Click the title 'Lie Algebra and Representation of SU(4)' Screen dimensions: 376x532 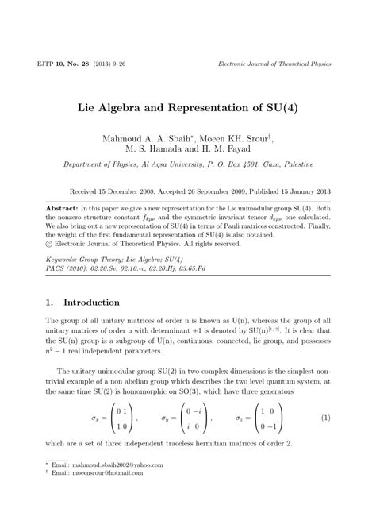(187, 104)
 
